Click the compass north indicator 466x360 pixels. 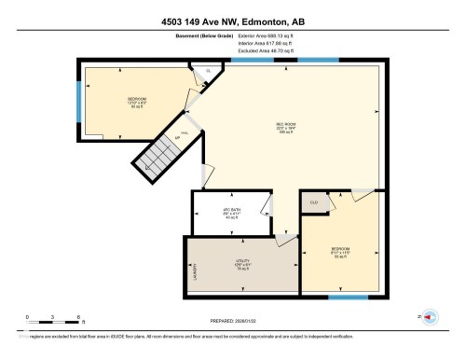429,316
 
